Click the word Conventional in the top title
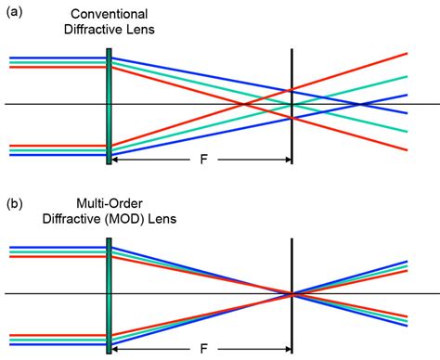coord(110,12)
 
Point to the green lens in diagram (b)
coord(109,294)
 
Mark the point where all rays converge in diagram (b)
coord(292,294)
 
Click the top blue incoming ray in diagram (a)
coord(56,57)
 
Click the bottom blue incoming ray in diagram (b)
coord(56,343)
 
